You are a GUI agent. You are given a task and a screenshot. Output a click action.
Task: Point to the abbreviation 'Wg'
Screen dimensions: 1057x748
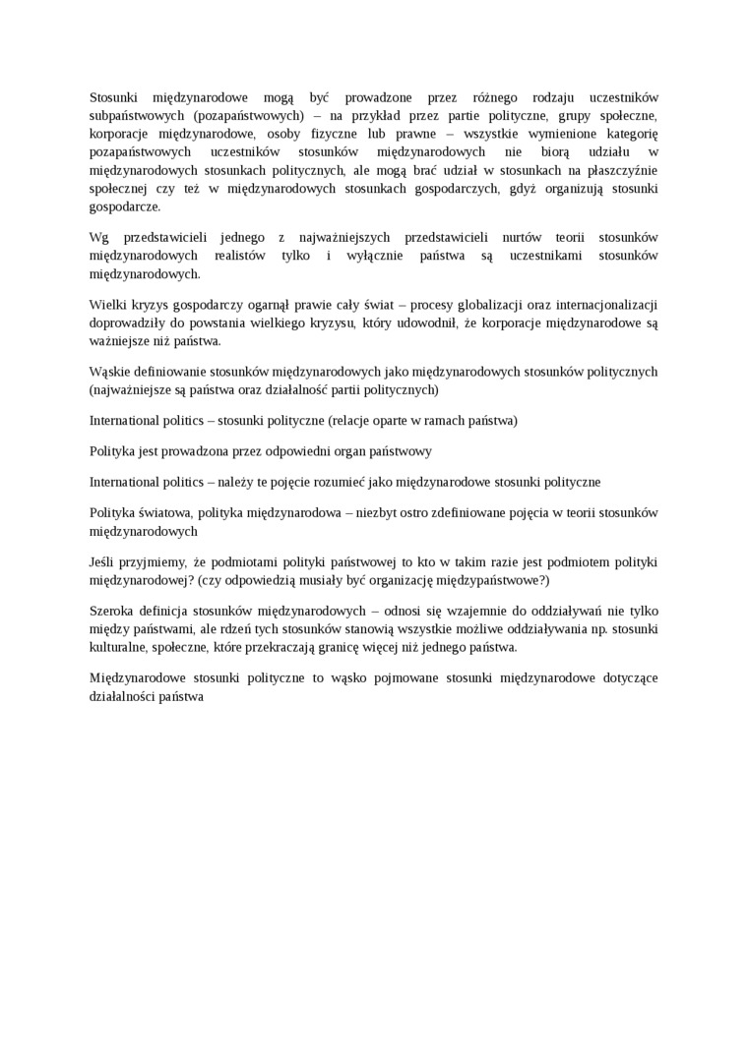tap(98, 238)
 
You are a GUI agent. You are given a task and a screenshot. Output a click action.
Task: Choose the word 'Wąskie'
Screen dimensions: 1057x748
tap(110, 372)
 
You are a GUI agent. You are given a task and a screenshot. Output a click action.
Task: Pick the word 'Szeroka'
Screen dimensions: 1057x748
tap(112, 611)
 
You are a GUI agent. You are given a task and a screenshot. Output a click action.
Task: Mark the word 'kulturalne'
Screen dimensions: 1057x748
tap(118, 647)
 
